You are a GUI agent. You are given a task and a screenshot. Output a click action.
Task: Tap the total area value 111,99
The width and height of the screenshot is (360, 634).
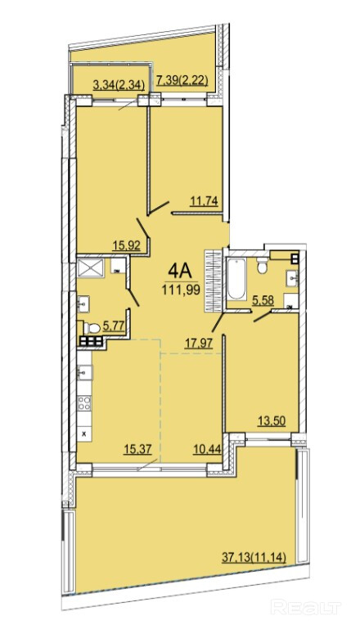click(181, 290)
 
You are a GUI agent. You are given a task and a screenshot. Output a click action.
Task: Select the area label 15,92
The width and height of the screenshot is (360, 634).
click(126, 246)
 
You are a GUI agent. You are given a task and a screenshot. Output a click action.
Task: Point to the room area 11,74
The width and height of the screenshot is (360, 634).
click(205, 201)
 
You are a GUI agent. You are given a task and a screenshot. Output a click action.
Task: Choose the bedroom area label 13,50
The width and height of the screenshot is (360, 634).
click(272, 420)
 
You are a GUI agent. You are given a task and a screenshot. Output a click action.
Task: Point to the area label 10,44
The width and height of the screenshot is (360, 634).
click(207, 449)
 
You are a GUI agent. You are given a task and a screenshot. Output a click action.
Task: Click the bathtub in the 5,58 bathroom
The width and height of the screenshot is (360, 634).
click(236, 279)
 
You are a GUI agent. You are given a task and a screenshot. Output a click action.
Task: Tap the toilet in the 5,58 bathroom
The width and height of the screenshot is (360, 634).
click(263, 266)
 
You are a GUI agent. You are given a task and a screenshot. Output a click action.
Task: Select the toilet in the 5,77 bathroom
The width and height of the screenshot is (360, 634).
click(92, 328)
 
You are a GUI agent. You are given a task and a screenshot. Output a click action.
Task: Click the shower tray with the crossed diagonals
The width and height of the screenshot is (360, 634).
click(91, 268)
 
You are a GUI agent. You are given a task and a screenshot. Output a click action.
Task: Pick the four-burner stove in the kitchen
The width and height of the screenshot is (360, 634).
click(84, 403)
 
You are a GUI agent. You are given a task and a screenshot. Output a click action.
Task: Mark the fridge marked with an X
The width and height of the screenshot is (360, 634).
click(84, 434)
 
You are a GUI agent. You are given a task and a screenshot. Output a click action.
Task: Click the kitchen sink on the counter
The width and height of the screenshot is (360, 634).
click(85, 372)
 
